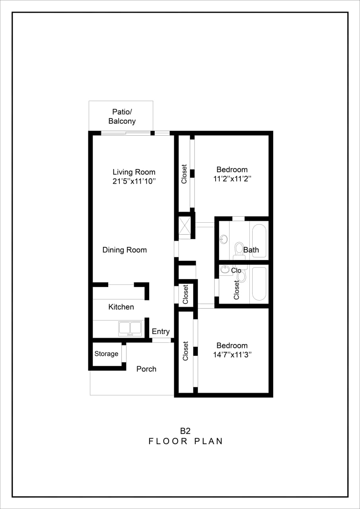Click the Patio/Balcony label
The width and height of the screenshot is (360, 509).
click(x=122, y=117)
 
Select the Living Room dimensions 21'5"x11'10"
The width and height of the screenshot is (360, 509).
click(x=134, y=181)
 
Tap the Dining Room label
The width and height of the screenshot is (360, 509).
click(x=125, y=250)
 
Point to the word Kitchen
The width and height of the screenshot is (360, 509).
click(x=121, y=307)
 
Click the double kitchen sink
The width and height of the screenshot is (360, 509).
click(x=130, y=328)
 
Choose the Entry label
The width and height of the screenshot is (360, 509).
click(x=161, y=331)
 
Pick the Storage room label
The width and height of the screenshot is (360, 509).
click(x=106, y=354)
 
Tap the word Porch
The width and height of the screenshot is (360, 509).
click(x=146, y=369)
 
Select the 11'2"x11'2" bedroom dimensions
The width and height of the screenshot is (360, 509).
click(x=232, y=179)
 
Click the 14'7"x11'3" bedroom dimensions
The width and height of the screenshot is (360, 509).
click(x=232, y=354)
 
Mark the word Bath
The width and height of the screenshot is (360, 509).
click(x=251, y=250)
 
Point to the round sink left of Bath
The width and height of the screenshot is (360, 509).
click(x=224, y=239)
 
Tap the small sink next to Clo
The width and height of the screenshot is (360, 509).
click(x=225, y=270)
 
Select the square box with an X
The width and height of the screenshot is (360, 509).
click(x=185, y=225)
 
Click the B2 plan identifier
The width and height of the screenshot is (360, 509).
click(x=185, y=431)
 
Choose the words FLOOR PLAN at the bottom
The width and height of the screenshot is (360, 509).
click(x=185, y=441)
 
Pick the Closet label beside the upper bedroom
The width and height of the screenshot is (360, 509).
click(x=184, y=174)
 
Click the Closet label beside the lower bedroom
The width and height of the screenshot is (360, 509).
click(x=185, y=351)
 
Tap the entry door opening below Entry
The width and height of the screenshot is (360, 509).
click(x=162, y=340)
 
